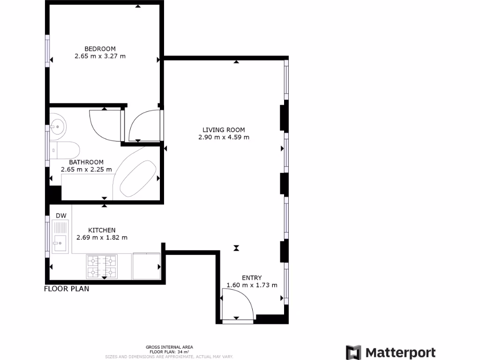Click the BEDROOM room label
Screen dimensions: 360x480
click(100, 49)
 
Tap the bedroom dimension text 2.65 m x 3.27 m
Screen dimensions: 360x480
click(100, 56)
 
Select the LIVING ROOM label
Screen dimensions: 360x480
click(224, 130)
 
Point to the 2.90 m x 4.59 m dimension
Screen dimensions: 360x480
click(224, 137)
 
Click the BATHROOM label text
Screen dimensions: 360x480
click(86, 162)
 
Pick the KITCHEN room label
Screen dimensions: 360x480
click(102, 230)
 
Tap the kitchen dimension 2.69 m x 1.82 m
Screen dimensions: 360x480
click(102, 238)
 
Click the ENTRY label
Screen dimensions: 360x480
click(252, 277)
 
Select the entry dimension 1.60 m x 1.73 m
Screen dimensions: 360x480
click(252, 285)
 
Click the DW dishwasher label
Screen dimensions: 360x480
click(61, 216)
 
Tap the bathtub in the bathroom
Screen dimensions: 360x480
click(138, 179)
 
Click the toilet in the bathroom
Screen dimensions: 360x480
click(65, 150)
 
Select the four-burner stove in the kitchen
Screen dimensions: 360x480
click(101, 266)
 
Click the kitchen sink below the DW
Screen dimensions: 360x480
click(60, 242)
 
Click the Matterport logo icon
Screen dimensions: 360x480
click(353, 352)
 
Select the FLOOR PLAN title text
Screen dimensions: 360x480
click(67, 289)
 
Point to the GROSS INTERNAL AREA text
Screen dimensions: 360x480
click(169, 347)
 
